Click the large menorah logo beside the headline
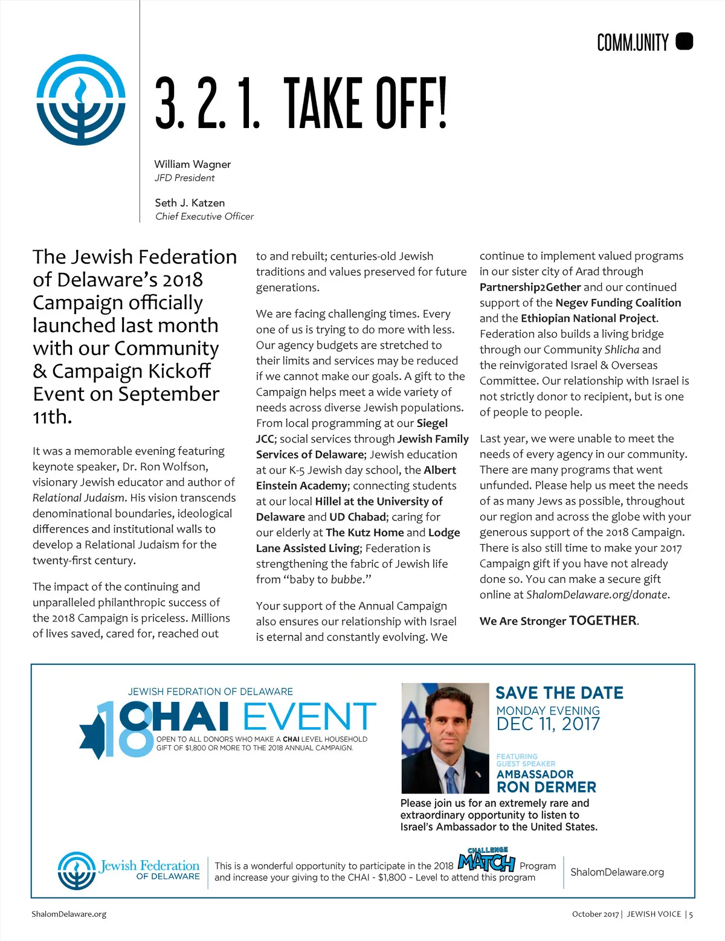coord(81,100)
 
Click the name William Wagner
coord(192,164)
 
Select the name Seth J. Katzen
coord(190,203)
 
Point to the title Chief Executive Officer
coord(204,216)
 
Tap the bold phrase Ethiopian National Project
coord(588,318)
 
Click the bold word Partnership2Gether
coord(530,287)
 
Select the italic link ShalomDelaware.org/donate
coord(597,594)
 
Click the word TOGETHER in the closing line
coord(602,621)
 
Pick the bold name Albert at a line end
coord(440,470)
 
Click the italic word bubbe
coord(346,579)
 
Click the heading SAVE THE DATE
coord(559,693)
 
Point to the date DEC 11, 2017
coord(548,724)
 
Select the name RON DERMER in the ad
coord(546,787)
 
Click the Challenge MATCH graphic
coord(486,860)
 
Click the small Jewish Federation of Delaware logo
coord(77,870)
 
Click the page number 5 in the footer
coord(691,914)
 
